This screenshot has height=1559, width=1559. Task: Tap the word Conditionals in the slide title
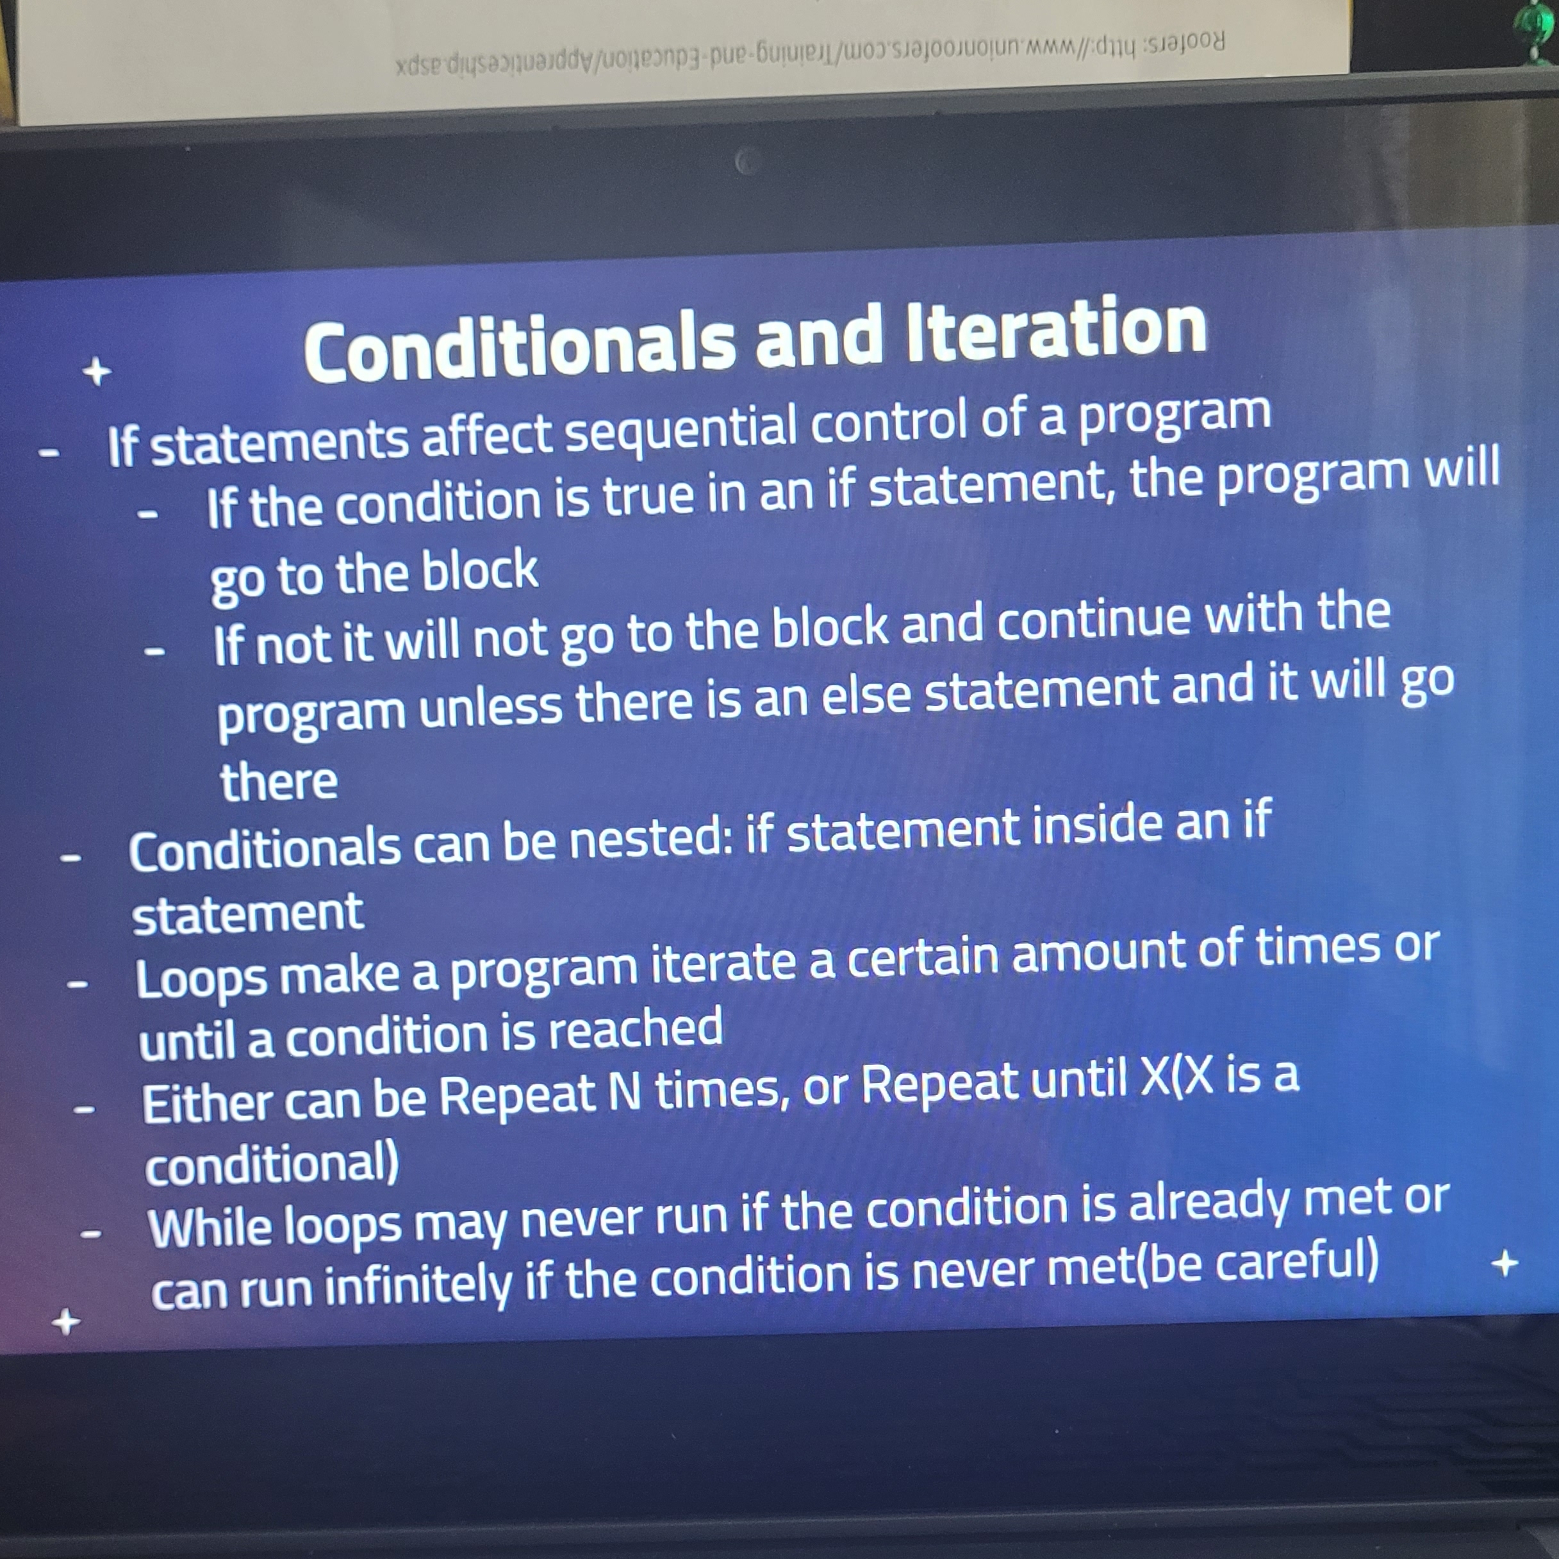(520, 348)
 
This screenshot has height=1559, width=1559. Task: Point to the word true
(648, 495)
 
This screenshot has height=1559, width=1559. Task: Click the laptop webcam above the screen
(747, 163)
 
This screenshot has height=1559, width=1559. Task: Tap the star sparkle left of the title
(97, 372)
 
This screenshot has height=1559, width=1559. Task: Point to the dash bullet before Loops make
(78, 984)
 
